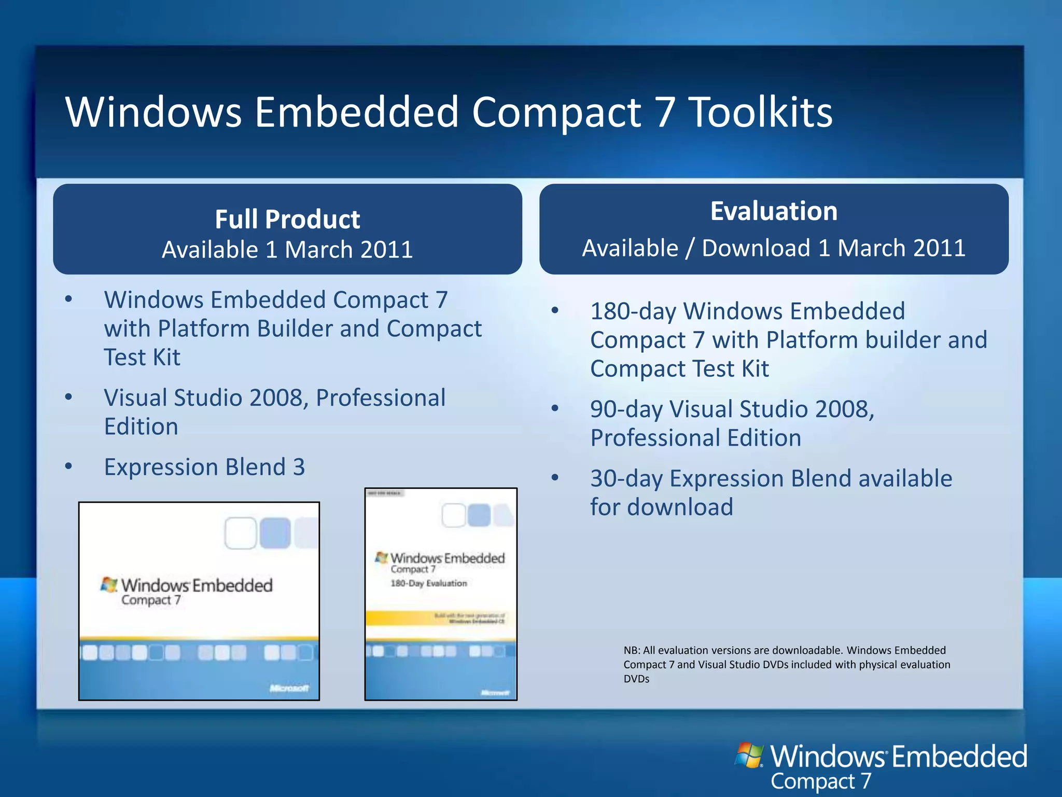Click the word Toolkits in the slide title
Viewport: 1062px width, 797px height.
pyautogui.click(x=760, y=112)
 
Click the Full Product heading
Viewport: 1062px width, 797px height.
pyautogui.click(x=287, y=219)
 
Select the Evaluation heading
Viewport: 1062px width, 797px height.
pyautogui.click(x=774, y=211)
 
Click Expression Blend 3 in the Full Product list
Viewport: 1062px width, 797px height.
pyautogui.click(x=204, y=467)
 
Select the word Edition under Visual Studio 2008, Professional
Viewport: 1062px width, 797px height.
pyautogui.click(x=141, y=427)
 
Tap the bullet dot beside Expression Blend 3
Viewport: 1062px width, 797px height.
pyautogui.click(x=68, y=466)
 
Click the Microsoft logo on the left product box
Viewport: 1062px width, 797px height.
pyautogui.click(x=289, y=688)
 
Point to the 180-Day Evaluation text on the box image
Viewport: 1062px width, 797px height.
pyautogui.click(x=429, y=583)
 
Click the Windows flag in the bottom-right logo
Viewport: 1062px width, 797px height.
pyautogui.click(x=749, y=755)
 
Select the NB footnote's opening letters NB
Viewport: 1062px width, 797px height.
pyautogui.click(x=631, y=651)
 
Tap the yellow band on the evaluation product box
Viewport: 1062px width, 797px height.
pyautogui.click(x=441, y=618)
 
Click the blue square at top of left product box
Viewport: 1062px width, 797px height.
pyautogui.click(x=275, y=533)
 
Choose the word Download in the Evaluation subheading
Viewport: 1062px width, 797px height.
pyautogui.click(x=756, y=248)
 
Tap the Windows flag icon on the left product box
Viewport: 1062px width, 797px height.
pyautogui.click(x=109, y=585)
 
